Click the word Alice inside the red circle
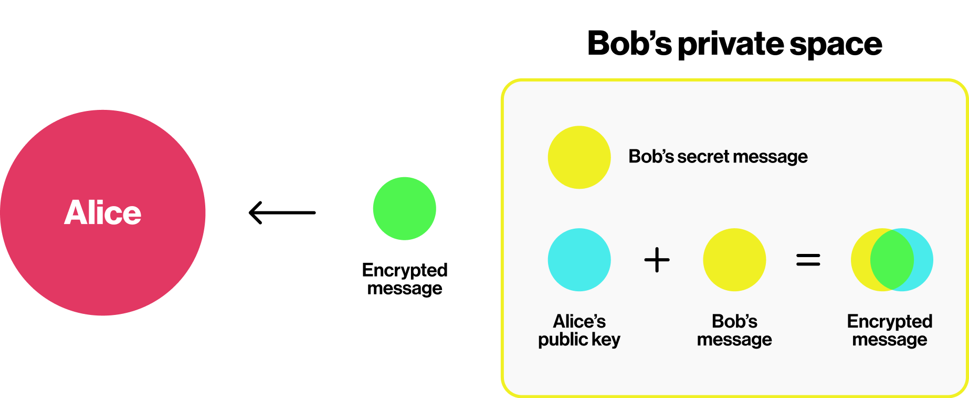pyautogui.click(x=103, y=213)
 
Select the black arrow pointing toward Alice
pyautogui.click(x=282, y=212)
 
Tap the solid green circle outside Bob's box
pyautogui.click(x=404, y=209)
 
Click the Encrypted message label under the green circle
pyautogui.click(x=405, y=279)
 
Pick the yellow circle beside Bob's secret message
pyautogui.click(x=579, y=157)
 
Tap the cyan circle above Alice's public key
pyautogui.click(x=579, y=260)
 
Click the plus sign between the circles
pyautogui.click(x=657, y=260)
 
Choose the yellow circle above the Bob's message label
pyautogui.click(x=734, y=260)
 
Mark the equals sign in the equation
pyautogui.click(x=808, y=260)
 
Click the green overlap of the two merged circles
pyautogui.click(x=892, y=260)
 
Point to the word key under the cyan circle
pyautogui.click(x=606, y=340)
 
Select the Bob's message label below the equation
pyautogui.click(x=734, y=330)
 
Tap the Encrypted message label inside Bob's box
pyautogui.click(x=890, y=330)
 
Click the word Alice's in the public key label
pyautogui.click(x=580, y=321)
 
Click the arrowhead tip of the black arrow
pyautogui.click(x=250, y=212)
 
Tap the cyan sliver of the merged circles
pyautogui.click(x=924, y=260)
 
